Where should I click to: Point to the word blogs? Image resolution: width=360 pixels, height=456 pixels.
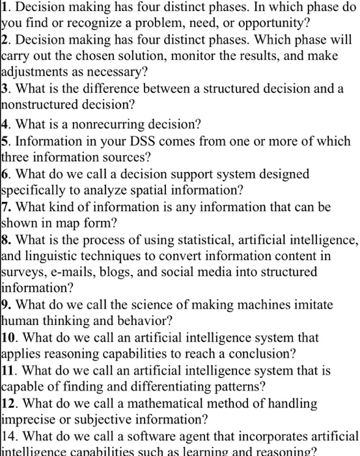click(x=136, y=271)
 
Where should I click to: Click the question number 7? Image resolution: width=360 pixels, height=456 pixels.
click(x=6, y=207)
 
